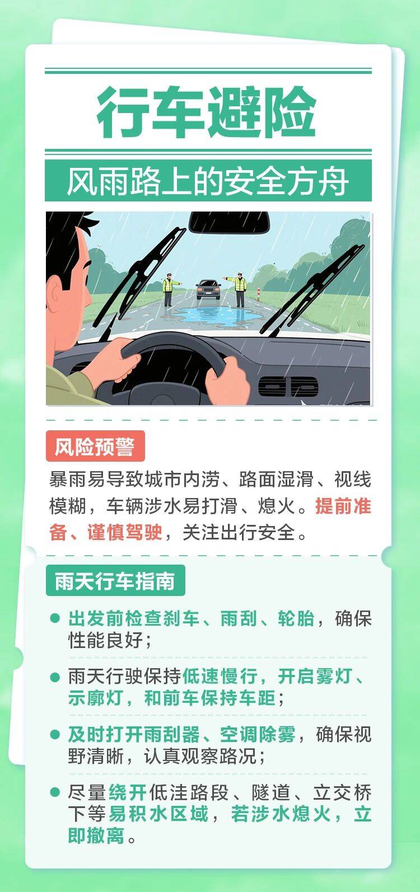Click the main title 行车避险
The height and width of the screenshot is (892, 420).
207,112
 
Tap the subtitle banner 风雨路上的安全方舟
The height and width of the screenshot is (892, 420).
208,181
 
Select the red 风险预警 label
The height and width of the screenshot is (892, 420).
95,446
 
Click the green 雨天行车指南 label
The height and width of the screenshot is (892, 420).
115,581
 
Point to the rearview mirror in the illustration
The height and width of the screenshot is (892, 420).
229,222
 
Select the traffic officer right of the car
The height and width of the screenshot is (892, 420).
239,289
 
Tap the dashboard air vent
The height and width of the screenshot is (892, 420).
288,387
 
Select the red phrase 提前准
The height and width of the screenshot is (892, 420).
343,506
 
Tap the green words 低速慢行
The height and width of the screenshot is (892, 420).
220,676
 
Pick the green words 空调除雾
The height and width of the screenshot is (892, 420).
258,734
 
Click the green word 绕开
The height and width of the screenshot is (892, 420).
128,792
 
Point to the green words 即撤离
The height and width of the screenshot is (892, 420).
96,835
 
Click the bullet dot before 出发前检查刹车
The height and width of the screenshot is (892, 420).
55,618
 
